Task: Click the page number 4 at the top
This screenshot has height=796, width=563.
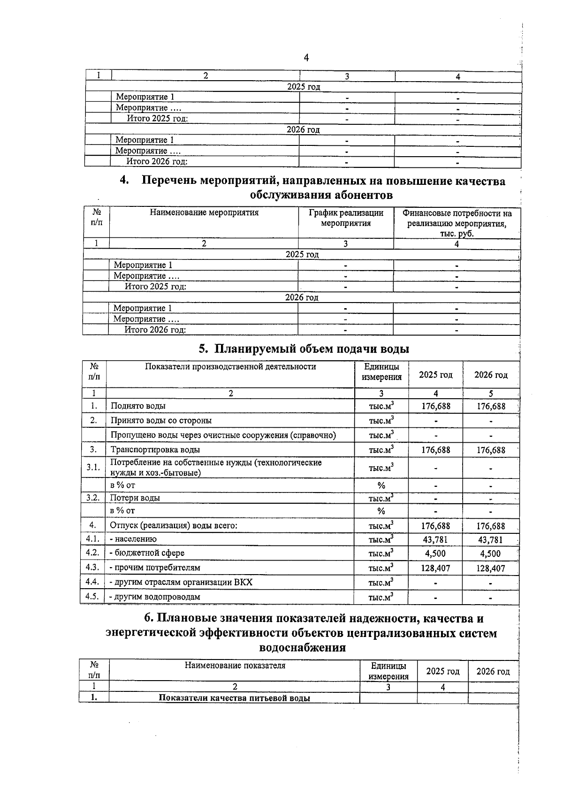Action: [306, 58]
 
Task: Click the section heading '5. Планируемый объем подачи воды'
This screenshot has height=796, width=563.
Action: [304, 349]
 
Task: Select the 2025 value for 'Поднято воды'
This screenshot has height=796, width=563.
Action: [435, 406]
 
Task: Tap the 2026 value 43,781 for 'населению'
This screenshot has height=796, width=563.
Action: [490, 540]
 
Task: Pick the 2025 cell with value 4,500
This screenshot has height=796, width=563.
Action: [435, 553]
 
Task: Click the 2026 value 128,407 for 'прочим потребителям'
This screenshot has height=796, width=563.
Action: [490, 569]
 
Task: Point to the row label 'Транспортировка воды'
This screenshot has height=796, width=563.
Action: [155, 450]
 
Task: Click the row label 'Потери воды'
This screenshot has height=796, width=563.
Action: [135, 498]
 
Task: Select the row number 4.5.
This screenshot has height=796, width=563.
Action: [92, 597]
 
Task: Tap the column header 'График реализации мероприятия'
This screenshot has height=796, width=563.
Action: [346, 218]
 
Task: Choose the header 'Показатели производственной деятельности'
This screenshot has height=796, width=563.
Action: [230, 367]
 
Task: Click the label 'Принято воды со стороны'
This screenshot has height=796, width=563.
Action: [161, 421]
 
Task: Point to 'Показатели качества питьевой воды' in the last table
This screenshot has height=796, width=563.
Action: [234, 698]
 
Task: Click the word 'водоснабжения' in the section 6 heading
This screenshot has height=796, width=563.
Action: [303, 648]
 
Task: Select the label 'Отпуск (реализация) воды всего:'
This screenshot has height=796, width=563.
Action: [174, 526]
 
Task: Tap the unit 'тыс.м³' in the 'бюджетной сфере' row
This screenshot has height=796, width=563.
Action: [380, 553]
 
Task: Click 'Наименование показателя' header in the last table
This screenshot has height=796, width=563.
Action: [235, 665]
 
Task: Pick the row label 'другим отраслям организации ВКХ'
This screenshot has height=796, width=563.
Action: [181, 583]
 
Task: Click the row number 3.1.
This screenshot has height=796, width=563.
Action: [93, 468]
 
